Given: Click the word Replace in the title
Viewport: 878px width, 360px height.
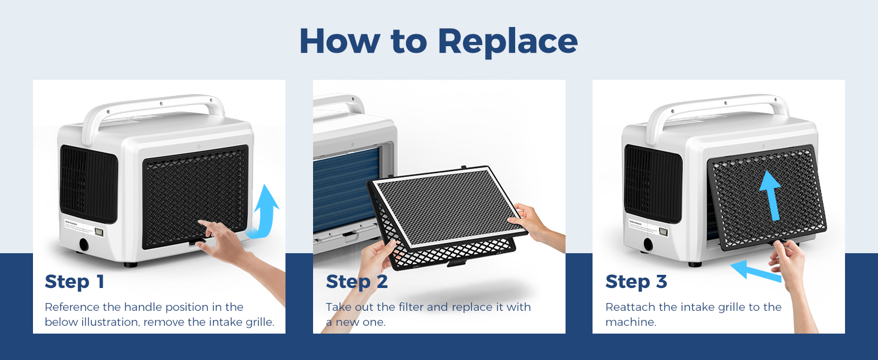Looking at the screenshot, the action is click(507, 41).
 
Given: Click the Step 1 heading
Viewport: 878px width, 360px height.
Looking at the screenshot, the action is click(74, 282).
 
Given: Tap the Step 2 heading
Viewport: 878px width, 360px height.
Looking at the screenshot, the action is click(357, 282).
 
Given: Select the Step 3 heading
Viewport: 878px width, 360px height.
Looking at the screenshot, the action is click(636, 282).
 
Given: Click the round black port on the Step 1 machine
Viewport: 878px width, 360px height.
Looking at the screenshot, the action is click(84, 245).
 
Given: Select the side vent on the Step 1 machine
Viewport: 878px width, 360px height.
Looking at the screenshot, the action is click(89, 184).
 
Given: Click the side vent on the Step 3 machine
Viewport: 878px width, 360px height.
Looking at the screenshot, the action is click(653, 184).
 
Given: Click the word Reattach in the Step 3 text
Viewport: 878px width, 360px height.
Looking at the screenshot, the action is click(632, 307).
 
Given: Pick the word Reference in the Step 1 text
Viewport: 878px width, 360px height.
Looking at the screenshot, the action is click(72, 307).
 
